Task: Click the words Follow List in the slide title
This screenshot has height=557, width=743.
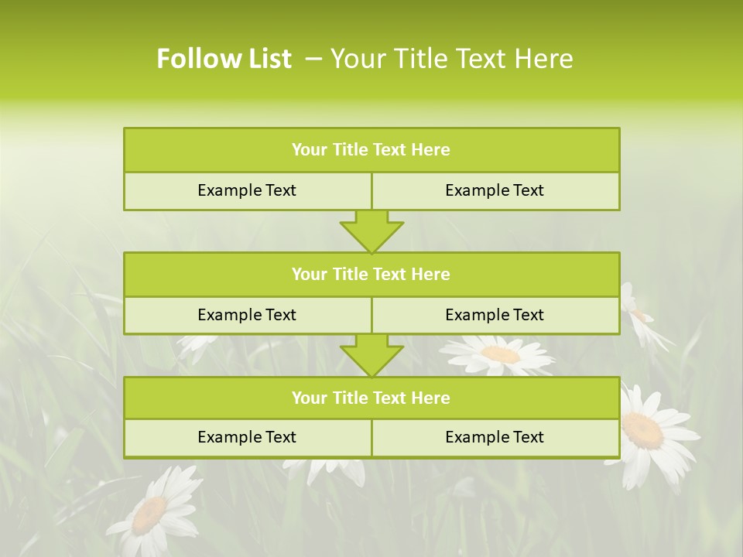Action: (x=224, y=59)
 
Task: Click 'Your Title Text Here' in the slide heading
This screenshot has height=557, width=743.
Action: (x=451, y=59)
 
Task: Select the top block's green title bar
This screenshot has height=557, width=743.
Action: (x=371, y=150)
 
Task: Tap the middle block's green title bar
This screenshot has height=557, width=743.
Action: (x=371, y=274)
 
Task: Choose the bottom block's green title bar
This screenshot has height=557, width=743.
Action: (x=371, y=398)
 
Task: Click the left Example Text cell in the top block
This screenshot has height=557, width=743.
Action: (x=247, y=190)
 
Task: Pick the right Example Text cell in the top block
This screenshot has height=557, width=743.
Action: (x=495, y=190)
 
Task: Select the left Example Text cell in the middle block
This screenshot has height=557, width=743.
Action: (x=247, y=315)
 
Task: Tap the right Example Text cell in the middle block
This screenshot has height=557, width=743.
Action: (x=495, y=315)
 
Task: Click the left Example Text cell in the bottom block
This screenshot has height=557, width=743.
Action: (x=247, y=437)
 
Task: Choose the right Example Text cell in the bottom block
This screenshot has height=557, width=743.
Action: (x=495, y=437)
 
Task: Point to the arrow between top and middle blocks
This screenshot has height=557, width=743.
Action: (x=371, y=231)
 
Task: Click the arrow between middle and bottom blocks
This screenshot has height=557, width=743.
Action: (x=371, y=355)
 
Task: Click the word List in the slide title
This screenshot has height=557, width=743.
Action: (x=268, y=59)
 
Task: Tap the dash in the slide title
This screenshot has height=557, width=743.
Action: (x=313, y=59)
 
